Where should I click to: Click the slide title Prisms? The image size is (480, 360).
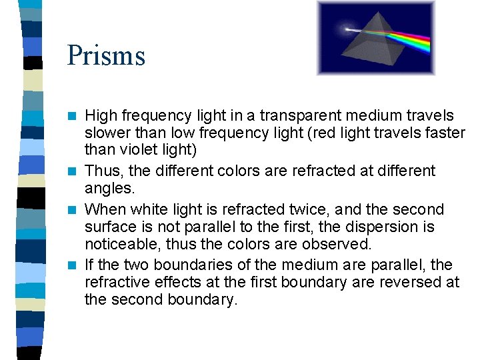(106, 55)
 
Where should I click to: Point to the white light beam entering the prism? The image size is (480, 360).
(360, 29)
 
